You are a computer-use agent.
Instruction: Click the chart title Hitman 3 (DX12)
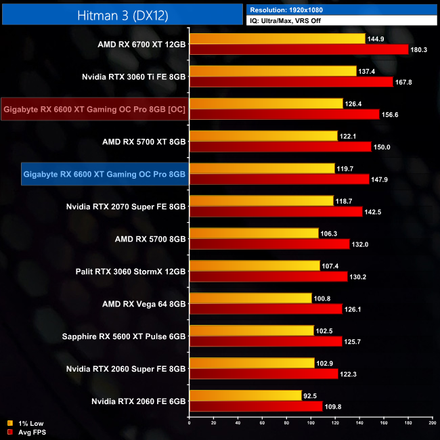[x=122, y=13]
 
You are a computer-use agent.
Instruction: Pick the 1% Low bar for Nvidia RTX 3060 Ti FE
[x=273, y=71]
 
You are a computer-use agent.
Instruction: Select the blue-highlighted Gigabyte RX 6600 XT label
[x=104, y=174]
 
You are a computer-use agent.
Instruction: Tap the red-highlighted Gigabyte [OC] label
[x=94, y=109]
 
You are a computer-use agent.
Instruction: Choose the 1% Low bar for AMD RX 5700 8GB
[x=254, y=234]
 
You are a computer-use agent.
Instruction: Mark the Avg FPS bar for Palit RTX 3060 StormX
[x=269, y=276]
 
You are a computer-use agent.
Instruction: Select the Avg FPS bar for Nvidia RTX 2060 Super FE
[x=264, y=374]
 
